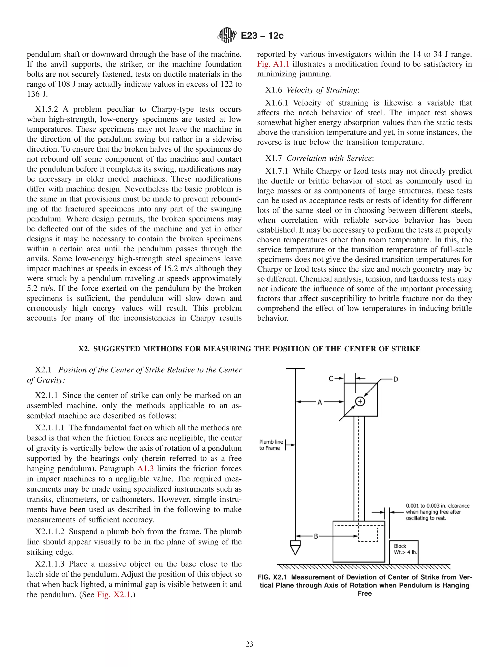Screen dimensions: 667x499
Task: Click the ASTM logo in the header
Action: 227,35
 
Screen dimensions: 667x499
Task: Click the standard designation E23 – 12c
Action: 262,36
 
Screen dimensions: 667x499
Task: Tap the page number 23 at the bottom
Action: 249,644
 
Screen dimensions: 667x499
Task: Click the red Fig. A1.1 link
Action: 273,64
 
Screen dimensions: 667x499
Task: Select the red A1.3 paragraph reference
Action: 145,468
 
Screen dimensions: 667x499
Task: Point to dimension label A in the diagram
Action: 320,402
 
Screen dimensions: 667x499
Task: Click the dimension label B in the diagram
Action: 316,536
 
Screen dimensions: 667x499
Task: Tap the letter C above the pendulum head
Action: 331,378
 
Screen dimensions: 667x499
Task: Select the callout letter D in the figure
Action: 395,379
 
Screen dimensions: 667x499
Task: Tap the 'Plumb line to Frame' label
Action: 271,445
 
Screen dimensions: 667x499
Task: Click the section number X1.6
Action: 273,90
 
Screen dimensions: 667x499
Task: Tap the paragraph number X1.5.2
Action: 47,109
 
